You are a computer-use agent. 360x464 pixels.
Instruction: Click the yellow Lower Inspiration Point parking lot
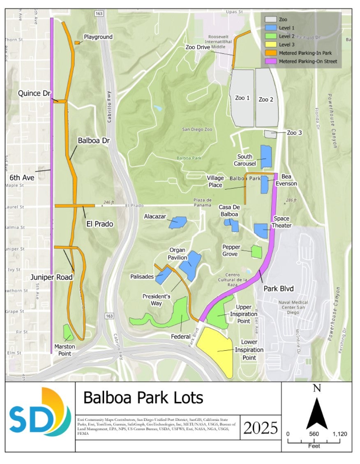tap(216, 349)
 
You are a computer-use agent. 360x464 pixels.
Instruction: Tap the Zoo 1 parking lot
tap(242, 98)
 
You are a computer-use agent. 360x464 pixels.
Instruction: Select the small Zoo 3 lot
tap(270, 134)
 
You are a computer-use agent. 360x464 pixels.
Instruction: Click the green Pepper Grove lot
tap(256, 251)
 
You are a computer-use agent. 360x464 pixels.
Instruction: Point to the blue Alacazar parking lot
tap(177, 222)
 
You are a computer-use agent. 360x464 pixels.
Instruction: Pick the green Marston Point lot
tap(68, 332)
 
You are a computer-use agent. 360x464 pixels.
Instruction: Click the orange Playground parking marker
tap(77, 42)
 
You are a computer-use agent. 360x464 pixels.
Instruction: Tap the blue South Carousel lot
tap(266, 156)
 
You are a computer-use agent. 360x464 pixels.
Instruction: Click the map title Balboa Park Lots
tap(143, 397)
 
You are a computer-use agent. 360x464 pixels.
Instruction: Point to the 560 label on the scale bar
tap(314, 434)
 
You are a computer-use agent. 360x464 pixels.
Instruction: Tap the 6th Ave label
tap(22, 178)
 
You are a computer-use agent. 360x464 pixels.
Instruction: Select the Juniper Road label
tap(51, 277)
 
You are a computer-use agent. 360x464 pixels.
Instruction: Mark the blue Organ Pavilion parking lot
tap(190, 265)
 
